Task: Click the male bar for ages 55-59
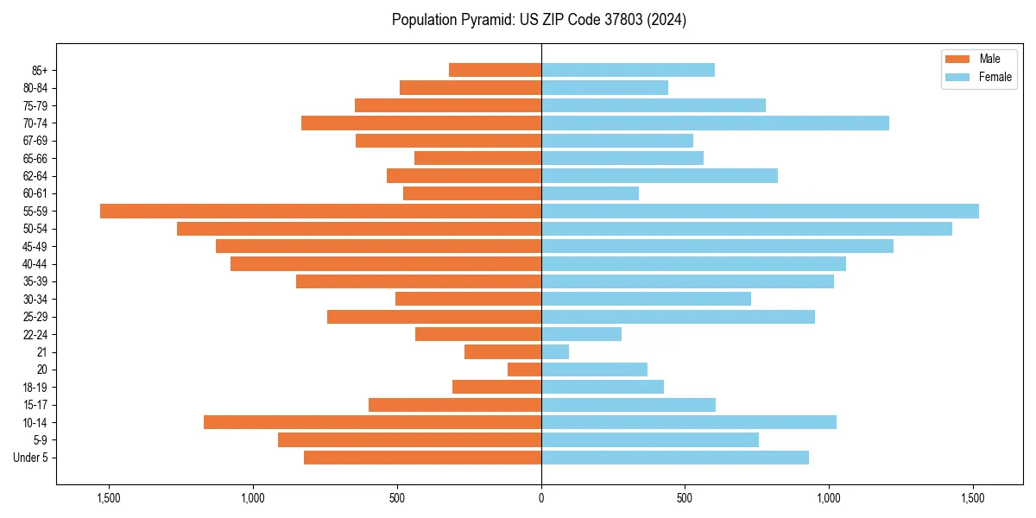click(320, 212)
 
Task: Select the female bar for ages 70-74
click(715, 123)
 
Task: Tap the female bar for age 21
click(555, 352)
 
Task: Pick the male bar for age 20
click(524, 370)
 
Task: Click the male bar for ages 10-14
click(372, 422)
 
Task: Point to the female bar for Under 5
click(675, 458)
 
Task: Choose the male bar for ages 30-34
click(468, 300)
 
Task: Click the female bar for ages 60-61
click(590, 193)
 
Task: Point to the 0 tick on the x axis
click(541, 498)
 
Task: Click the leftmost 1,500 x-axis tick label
click(109, 498)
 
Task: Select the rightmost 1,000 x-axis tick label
click(829, 498)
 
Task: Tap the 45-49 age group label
click(35, 247)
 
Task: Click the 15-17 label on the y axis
click(35, 405)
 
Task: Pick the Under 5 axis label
click(31, 458)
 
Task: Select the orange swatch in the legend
click(958, 59)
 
